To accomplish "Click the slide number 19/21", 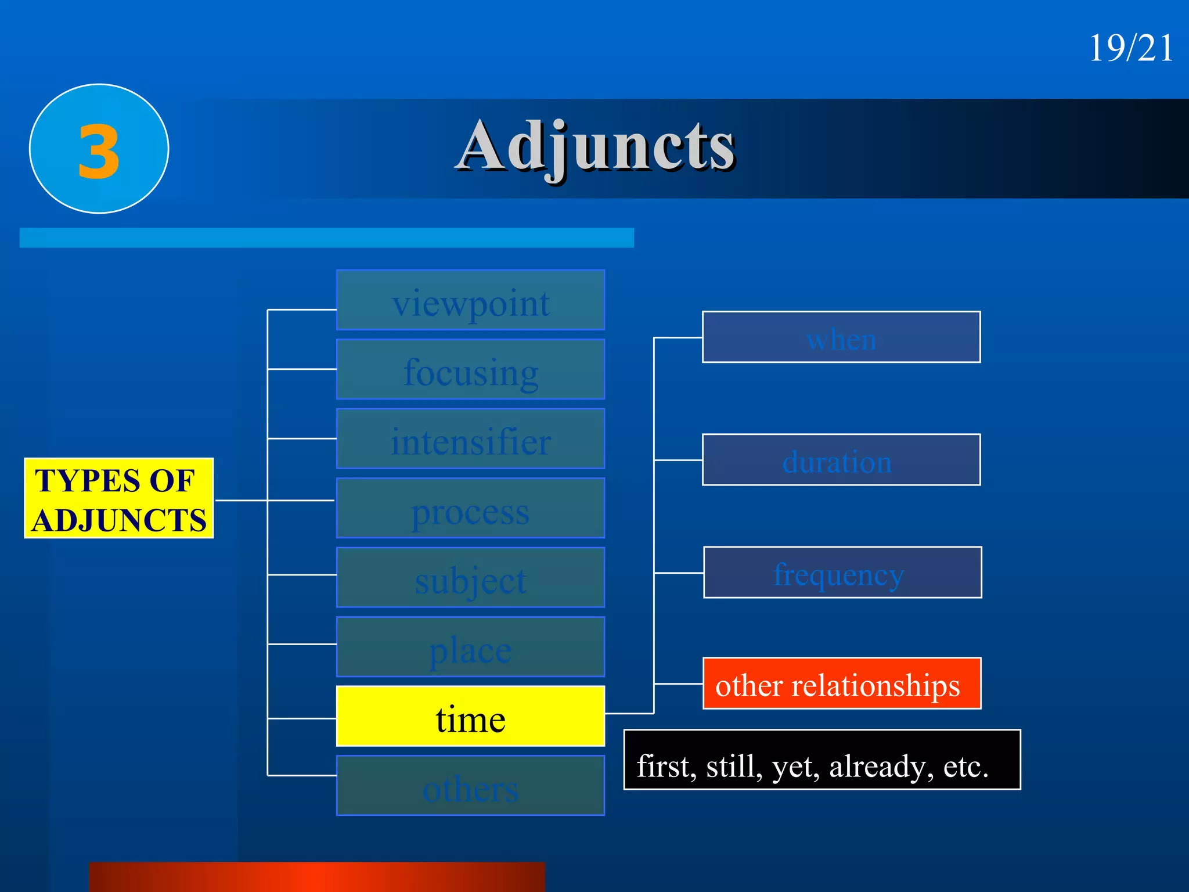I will click(x=1130, y=48).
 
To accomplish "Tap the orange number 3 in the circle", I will click(x=99, y=152).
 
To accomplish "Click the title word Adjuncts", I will click(x=596, y=147).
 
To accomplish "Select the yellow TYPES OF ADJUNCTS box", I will click(x=118, y=498).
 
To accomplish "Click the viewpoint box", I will click(x=470, y=300).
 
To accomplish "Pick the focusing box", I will click(x=470, y=369).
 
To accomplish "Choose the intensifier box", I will click(x=470, y=439).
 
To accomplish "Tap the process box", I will click(x=470, y=508).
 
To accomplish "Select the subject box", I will click(x=470, y=577).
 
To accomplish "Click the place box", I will click(x=470, y=647).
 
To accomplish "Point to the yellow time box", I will click(x=470, y=716).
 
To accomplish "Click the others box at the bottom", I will click(x=470, y=786).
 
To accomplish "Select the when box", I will click(x=841, y=337).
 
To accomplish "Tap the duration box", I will click(x=841, y=460).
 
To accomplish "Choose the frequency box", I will click(x=842, y=573).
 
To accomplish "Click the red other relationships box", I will click(x=841, y=684).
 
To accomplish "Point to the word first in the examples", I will click(x=666, y=766).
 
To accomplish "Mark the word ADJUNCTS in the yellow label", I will click(x=118, y=520).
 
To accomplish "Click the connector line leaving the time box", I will click(x=629, y=713).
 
